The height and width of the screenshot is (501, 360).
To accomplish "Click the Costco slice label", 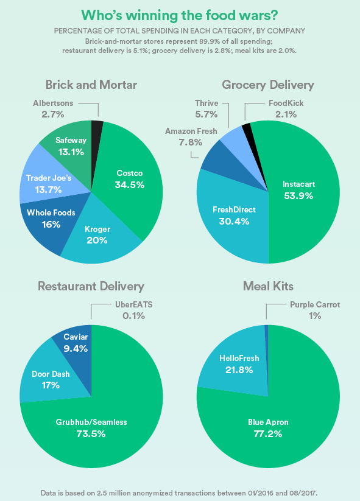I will [129, 178].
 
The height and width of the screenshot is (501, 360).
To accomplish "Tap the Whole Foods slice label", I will [51, 219].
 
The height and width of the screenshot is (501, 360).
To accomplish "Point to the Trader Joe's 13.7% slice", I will [49, 183].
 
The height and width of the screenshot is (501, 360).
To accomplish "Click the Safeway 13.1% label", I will [71, 146].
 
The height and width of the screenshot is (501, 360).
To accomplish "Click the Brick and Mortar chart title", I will [91, 85].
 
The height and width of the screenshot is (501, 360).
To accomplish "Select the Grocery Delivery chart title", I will [268, 85].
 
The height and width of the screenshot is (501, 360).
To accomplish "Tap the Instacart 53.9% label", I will [298, 189].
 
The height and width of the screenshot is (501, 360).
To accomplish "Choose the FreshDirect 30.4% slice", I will [235, 215].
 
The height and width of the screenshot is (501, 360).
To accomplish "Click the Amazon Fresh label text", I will [183, 136].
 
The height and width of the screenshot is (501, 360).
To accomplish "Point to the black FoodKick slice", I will [247, 128].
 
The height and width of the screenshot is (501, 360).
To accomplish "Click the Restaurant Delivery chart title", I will [91, 286].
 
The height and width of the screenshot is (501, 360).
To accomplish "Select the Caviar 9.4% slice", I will [76, 343].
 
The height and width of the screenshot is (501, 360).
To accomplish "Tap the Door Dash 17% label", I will [51, 379].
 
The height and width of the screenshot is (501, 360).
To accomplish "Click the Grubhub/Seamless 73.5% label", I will [91, 427].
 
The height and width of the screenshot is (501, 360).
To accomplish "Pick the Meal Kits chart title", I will [268, 286].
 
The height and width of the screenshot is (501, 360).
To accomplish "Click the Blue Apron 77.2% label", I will [268, 427].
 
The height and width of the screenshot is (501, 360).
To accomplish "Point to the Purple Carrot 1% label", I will [315, 310].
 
